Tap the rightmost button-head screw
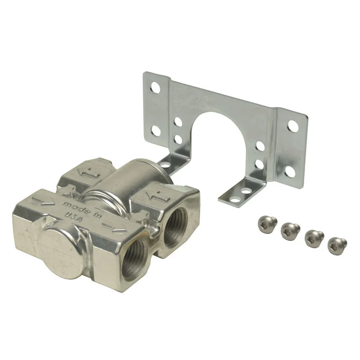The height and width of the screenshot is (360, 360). tap(337, 245)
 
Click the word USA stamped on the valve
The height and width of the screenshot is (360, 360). tap(74, 216)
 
